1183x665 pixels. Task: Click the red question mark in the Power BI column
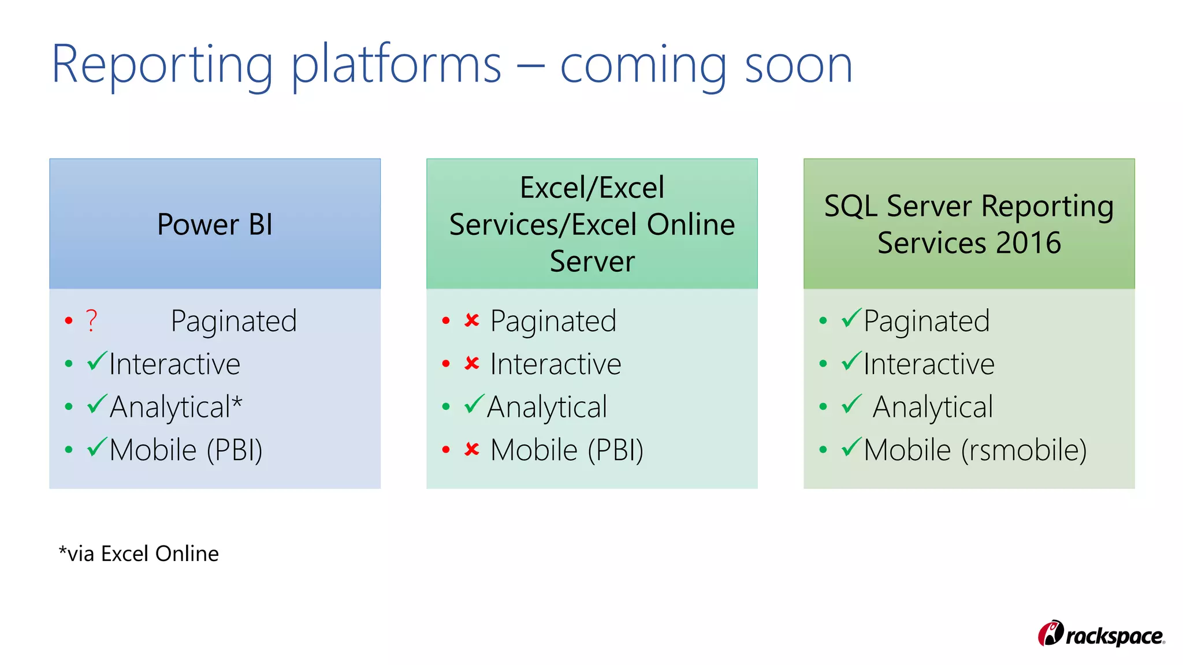pyautogui.click(x=91, y=321)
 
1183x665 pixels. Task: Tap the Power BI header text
pyautogui.click(x=215, y=224)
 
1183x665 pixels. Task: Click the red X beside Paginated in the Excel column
pyautogui.click(x=472, y=320)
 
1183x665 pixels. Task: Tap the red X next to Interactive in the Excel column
pyautogui.click(x=472, y=363)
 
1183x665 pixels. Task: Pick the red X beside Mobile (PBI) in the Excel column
pyautogui.click(x=472, y=449)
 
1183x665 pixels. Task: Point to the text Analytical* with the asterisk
pyautogui.click(x=176, y=407)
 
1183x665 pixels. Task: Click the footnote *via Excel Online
pyautogui.click(x=139, y=554)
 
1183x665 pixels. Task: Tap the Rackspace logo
pyautogui.click(x=1101, y=634)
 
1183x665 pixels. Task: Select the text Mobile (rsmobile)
pyautogui.click(x=975, y=450)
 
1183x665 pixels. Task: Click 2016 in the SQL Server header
pyautogui.click(x=1028, y=242)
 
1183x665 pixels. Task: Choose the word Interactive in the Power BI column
pyautogui.click(x=174, y=364)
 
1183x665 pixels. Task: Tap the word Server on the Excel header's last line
pyautogui.click(x=592, y=261)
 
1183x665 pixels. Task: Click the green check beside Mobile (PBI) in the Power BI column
pyautogui.click(x=97, y=447)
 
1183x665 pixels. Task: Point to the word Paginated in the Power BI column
pyautogui.click(x=233, y=321)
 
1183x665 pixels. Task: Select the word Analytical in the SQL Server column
pyautogui.click(x=932, y=407)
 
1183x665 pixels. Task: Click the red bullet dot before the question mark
pyautogui.click(x=69, y=320)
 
